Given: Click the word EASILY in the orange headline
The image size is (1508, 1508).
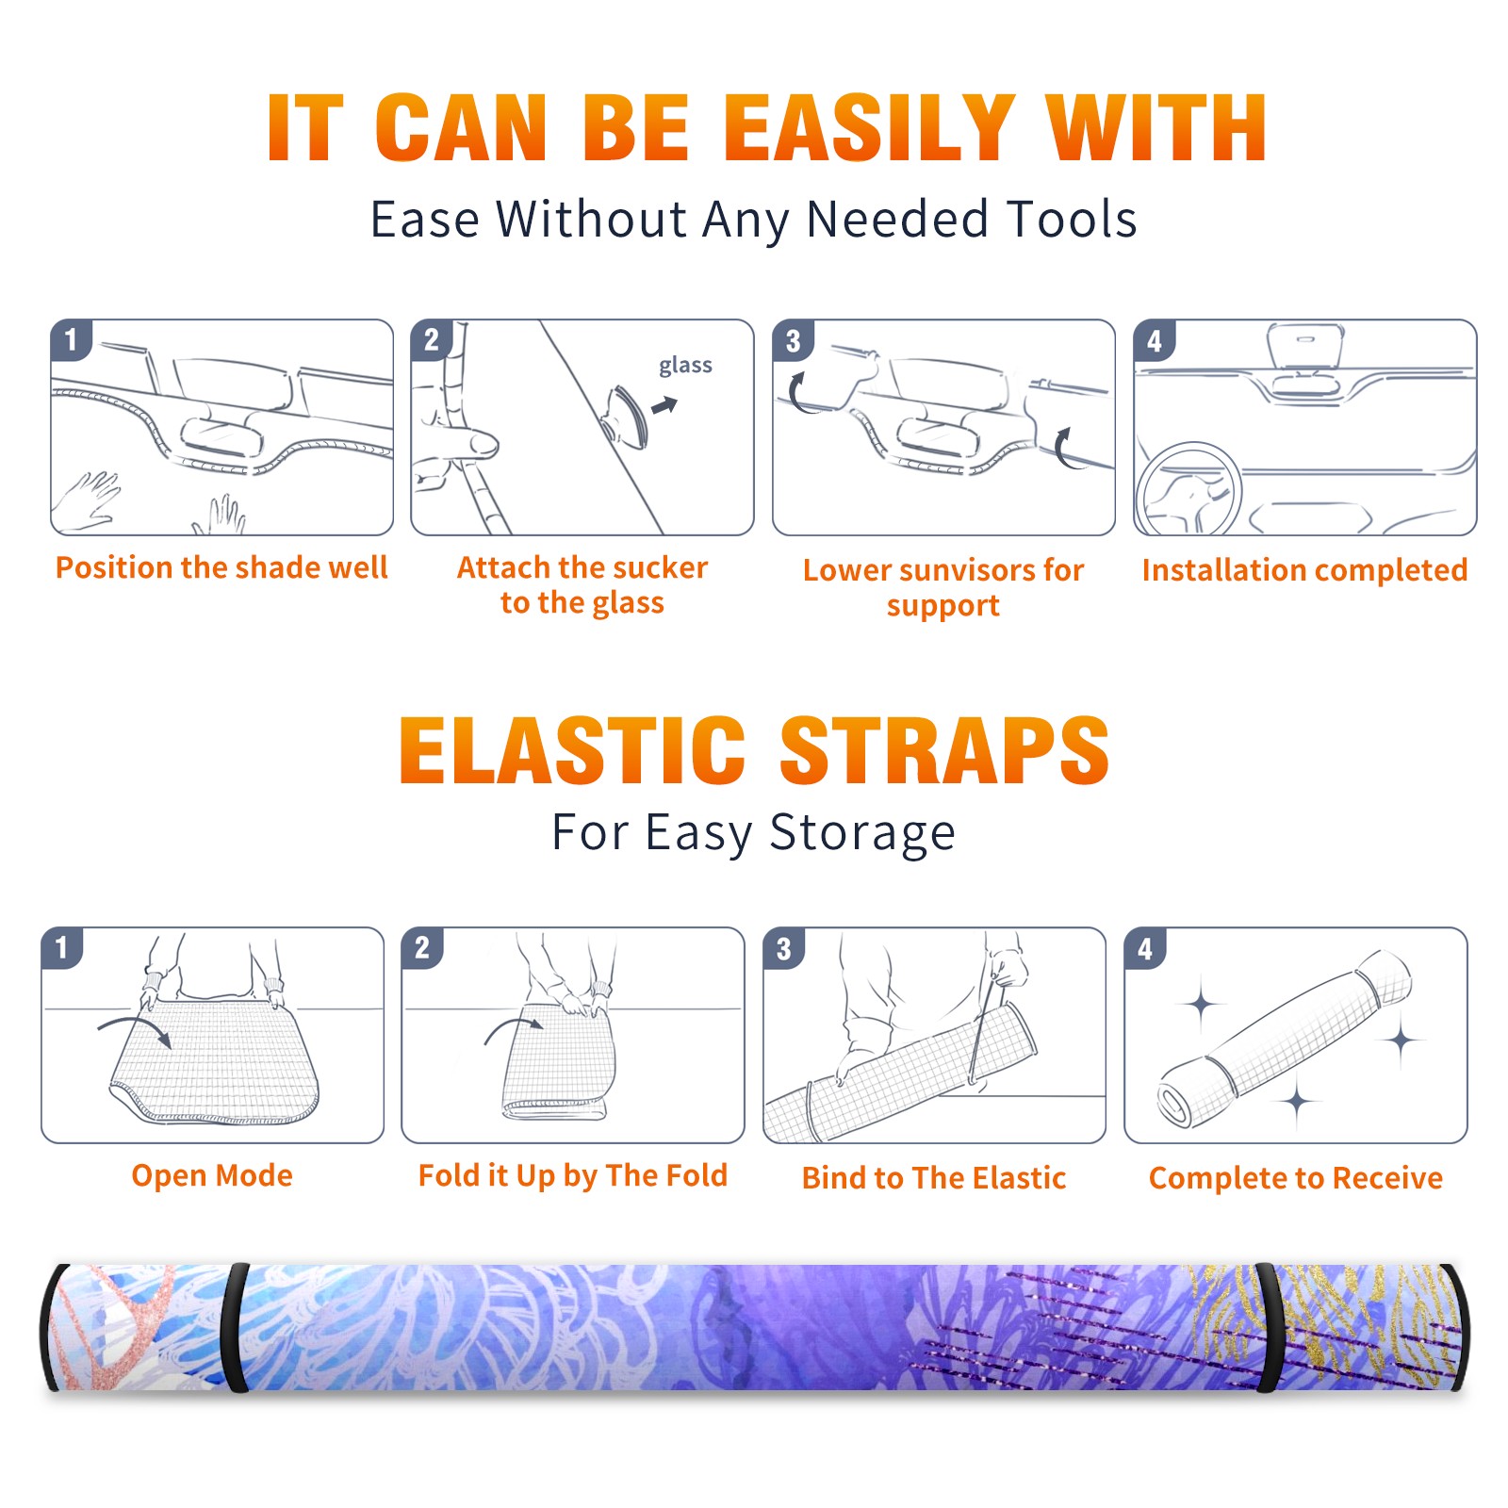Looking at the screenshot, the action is [x=869, y=128].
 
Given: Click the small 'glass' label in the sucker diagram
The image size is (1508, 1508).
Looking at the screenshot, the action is [x=685, y=365].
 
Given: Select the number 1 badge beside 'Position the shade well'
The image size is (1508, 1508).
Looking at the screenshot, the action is [x=71, y=339].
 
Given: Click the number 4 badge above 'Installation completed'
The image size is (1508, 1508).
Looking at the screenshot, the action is [x=1155, y=339].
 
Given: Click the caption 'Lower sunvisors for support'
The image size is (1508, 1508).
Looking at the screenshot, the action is [x=943, y=587].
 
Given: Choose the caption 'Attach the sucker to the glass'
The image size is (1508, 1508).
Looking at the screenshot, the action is [x=582, y=584].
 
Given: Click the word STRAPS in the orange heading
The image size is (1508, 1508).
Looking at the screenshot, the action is [x=944, y=750].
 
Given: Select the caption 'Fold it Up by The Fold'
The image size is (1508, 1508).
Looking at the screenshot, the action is [x=573, y=1175].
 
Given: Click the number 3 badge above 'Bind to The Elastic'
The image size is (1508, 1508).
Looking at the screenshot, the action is [x=784, y=948].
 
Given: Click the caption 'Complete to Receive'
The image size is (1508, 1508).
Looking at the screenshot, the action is [x=1296, y=1178].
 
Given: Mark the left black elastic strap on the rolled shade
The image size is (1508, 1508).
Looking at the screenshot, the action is [x=238, y=1328].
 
